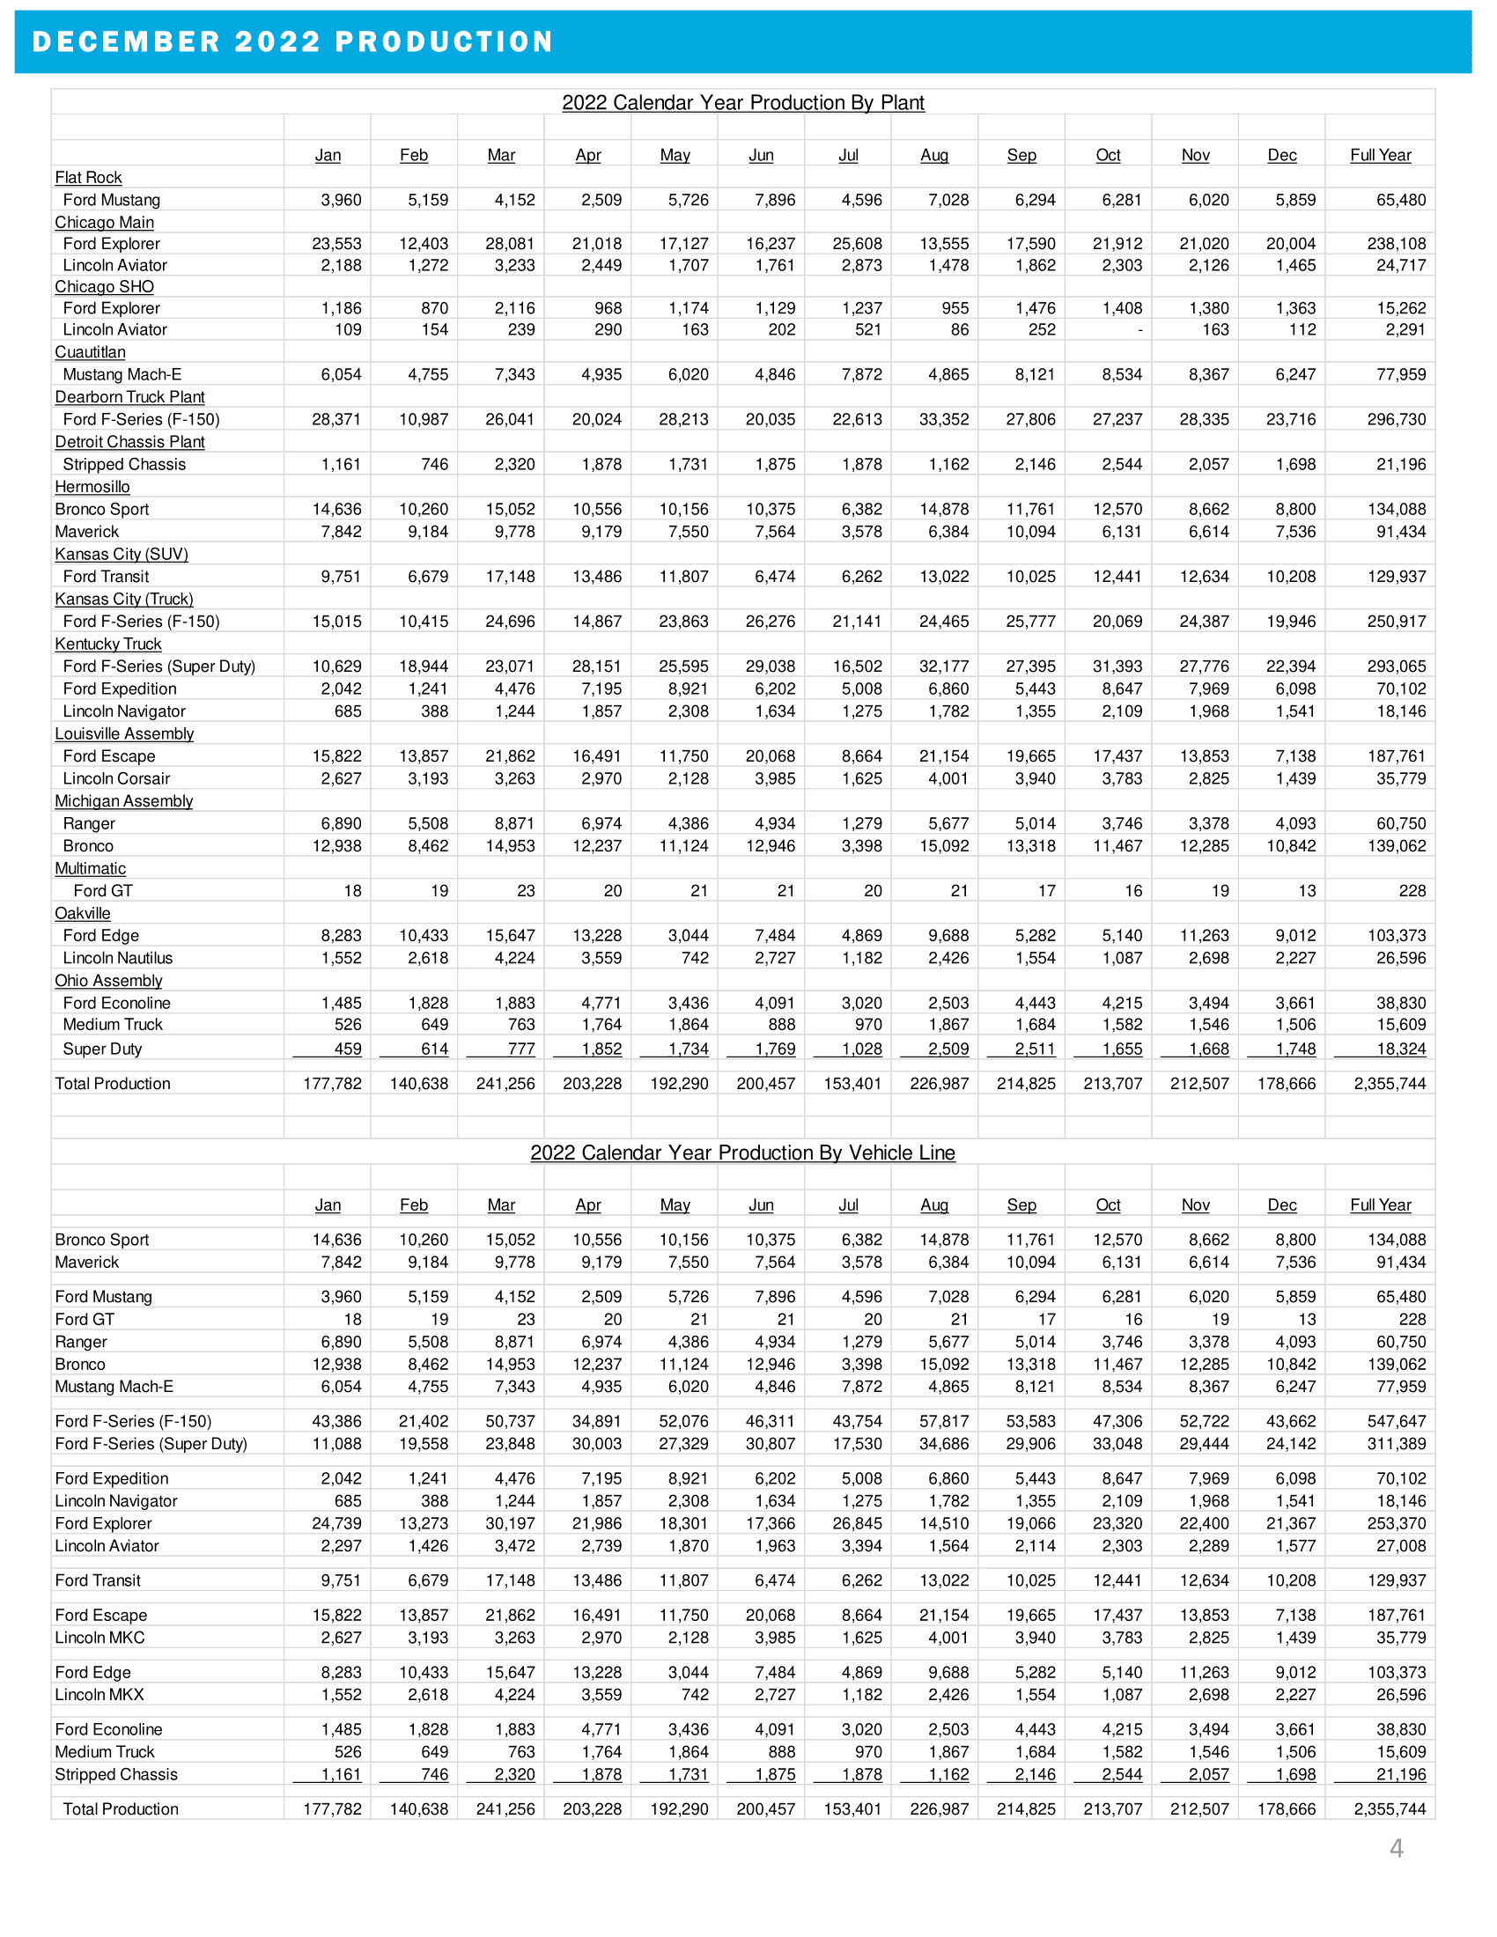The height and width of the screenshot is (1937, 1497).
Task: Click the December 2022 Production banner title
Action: pyautogui.click(x=292, y=41)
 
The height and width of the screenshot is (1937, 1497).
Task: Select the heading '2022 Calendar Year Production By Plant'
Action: pyautogui.click(x=743, y=103)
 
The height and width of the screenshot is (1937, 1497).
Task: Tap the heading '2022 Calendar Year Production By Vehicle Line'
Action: pyautogui.click(x=743, y=1153)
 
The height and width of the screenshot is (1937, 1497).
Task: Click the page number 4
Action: pyautogui.click(x=1397, y=1848)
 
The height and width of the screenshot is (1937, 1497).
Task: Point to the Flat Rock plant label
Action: pyautogui.click(x=89, y=177)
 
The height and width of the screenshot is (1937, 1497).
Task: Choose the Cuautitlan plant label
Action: pyautogui.click(x=91, y=352)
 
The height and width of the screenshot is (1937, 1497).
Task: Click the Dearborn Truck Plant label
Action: pyautogui.click(x=129, y=397)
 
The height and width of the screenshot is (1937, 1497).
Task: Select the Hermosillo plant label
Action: pyautogui.click(x=92, y=487)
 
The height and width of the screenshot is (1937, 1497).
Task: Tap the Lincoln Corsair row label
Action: pyautogui.click(x=116, y=778)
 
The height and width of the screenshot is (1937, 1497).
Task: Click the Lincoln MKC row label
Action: pyautogui.click(x=100, y=1639)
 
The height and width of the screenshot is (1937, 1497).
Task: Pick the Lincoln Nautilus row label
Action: pyautogui.click(x=118, y=958)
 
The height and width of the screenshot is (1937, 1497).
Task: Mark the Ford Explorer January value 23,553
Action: pyautogui.click(x=337, y=244)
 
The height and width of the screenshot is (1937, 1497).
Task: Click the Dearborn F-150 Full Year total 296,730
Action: pyautogui.click(x=1396, y=419)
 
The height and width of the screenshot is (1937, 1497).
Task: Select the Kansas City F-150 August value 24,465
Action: pyautogui.click(x=944, y=622)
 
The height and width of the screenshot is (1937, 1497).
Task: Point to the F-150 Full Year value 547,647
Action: pyautogui.click(x=1396, y=1422)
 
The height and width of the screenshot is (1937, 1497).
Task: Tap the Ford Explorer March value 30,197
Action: pyautogui.click(x=510, y=1524)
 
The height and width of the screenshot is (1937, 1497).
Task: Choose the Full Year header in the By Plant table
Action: pyautogui.click(x=1381, y=155)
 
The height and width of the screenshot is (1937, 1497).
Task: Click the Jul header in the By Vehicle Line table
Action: pyautogui.click(x=849, y=1205)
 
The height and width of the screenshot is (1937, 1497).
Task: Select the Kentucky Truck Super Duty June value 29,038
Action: pyautogui.click(x=770, y=667)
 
